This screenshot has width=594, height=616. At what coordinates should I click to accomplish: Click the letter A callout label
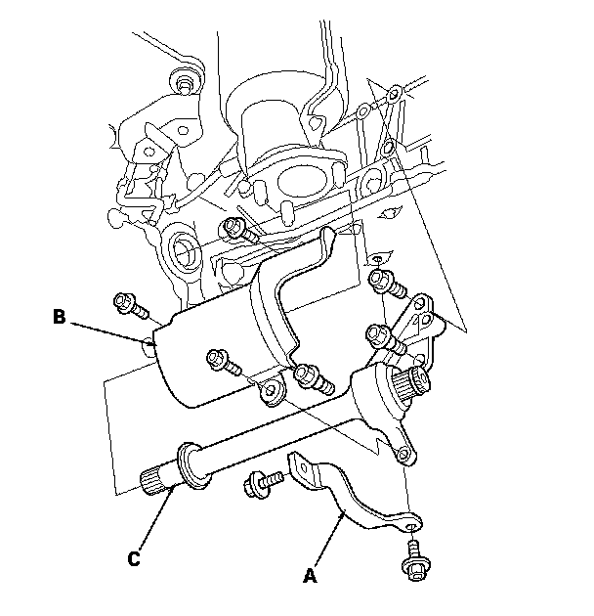pos(310,576)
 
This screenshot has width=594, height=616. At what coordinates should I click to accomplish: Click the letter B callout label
pos(59,316)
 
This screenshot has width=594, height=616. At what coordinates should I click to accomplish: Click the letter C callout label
pos(134,558)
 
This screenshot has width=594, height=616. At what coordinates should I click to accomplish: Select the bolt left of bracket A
pos(263,483)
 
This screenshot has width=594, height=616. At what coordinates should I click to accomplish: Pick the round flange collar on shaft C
pos(192,466)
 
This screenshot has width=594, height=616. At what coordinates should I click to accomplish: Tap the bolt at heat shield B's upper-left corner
pos(130,306)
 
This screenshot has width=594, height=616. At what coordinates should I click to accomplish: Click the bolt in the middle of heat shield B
pos(224,362)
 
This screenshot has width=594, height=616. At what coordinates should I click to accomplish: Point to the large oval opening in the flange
pos(302,181)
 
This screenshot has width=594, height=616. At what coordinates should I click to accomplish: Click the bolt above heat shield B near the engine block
pos(239,232)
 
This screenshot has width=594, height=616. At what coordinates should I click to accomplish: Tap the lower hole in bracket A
pos(410,526)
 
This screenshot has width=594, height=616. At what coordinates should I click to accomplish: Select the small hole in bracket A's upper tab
pos(303,467)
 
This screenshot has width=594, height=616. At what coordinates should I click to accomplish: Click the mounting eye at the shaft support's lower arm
pos(403,456)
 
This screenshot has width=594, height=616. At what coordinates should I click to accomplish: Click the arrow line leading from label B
pos(114,333)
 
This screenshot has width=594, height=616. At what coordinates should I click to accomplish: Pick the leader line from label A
pos(328,540)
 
